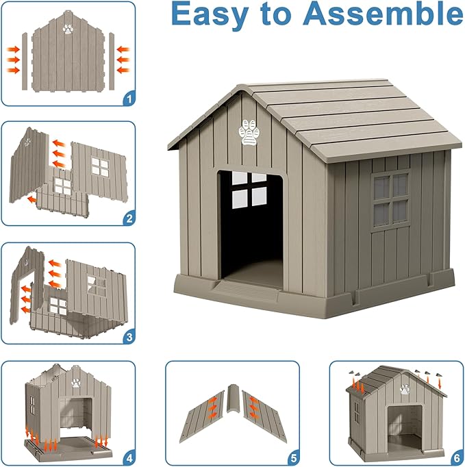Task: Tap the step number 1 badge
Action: tap(128, 99)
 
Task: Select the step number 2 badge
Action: tap(128, 218)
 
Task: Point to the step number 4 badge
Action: tap(128, 456)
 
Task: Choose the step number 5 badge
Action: tap(293, 456)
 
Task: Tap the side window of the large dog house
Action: tap(390, 199)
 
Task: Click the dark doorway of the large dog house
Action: tap(251, 226)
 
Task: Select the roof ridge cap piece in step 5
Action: tap(232, 408)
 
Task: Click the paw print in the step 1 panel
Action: tap(68, 29)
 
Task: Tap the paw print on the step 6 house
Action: tap(405, 390)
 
